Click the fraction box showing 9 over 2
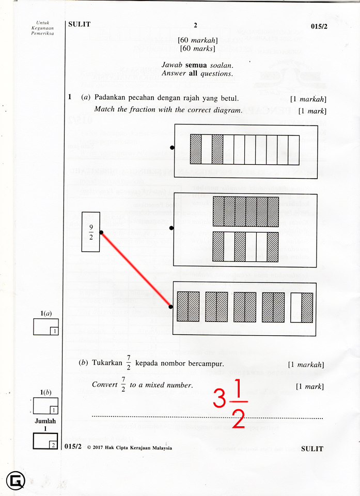[90, 231]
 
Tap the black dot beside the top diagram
[172, 148]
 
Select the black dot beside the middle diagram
[172, 227]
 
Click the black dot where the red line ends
[171, 307]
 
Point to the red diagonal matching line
[136, 270]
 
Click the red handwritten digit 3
[220, 398]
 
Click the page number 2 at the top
[196, 25]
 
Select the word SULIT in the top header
[79, 24]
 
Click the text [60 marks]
[197, 49]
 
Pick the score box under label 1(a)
[46, 327]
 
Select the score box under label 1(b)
[45, 406]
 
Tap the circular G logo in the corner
[15, 481]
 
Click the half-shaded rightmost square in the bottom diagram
[302, 307]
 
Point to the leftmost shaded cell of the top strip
[196, 150]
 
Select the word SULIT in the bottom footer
[312, 448]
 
